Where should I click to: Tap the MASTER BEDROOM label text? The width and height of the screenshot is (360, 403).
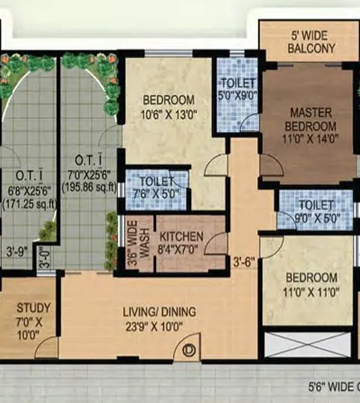pyautogui.click(x=312, y=121)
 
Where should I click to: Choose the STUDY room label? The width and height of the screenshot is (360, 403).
pyautogui.click(x=33, y=307)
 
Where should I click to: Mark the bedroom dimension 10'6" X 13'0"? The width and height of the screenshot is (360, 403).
pyautogui.click(x=169, y=113)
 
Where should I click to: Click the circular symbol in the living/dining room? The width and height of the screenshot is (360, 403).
pyautogui.click(x=190, y=350)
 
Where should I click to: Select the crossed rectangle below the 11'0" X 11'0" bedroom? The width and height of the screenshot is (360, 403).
pyautogui.click(x=308, y=343)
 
